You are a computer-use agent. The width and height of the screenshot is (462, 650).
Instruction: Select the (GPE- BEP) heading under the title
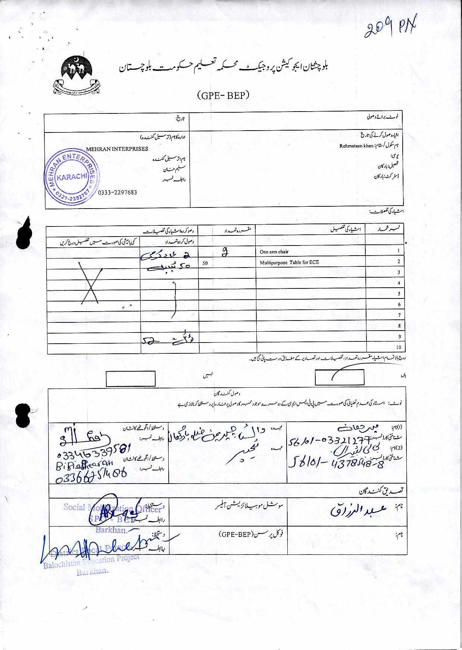[223, 96]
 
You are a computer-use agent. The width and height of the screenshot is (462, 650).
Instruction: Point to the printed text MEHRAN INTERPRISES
[117, 149]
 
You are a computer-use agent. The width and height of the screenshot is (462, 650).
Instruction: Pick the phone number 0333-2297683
[118, 193]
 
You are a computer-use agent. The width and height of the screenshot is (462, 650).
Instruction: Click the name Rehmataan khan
[356, 146]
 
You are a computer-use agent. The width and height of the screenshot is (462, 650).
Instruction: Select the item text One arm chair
[274, 252]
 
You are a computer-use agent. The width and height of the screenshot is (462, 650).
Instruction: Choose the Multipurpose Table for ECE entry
[289, 262]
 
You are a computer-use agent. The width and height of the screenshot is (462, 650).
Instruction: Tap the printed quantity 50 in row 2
[205, 263]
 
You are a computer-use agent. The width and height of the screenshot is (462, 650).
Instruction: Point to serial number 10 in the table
[399, 347]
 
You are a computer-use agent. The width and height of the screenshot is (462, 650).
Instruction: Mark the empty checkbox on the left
[131, 378]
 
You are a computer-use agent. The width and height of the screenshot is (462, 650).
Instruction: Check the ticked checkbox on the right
[339, 377]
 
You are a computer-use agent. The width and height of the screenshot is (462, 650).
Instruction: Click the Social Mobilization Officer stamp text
[112, 508]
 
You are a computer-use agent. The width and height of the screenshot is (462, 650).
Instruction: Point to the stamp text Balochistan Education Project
[91, 561]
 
